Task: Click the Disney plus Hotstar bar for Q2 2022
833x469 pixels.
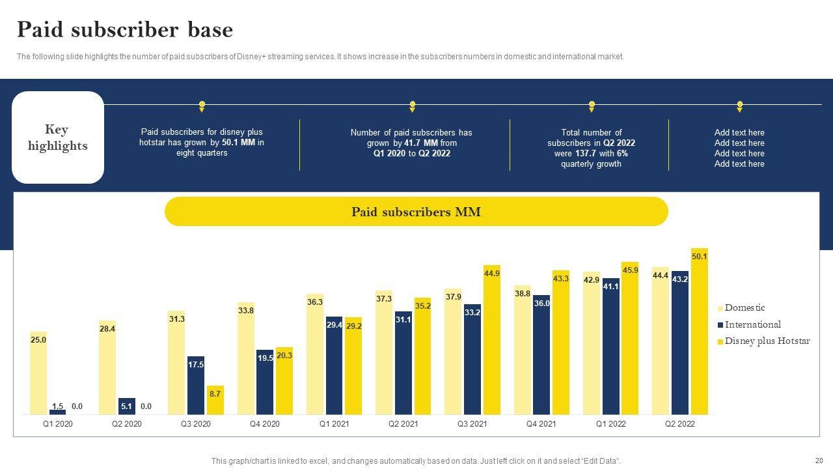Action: pos(700,332)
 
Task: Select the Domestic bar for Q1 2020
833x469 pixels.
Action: pos(38,375)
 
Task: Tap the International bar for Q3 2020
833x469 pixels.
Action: pos(196,388)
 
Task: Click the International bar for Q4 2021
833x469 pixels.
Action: pos(541,358)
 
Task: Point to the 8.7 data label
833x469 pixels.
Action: pos(215,394)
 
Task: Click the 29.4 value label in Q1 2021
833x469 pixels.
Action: pos(334,325)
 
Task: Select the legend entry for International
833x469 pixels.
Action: pos(752,324)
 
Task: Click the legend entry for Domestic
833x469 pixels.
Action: pos(744,307)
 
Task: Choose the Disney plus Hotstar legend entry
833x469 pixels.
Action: pos(767,341)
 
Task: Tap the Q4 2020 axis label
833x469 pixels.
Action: pos(265,424)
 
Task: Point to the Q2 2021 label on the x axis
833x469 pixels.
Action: pos(403,424)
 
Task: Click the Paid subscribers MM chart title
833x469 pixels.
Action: pos(416,212)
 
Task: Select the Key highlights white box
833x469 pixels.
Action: pos(57,137)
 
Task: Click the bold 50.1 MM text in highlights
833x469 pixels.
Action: pos(238,143)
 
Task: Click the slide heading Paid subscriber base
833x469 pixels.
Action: pos(124,30)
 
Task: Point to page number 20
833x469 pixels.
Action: pos(819,460)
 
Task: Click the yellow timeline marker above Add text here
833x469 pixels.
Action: pos(739,105)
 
